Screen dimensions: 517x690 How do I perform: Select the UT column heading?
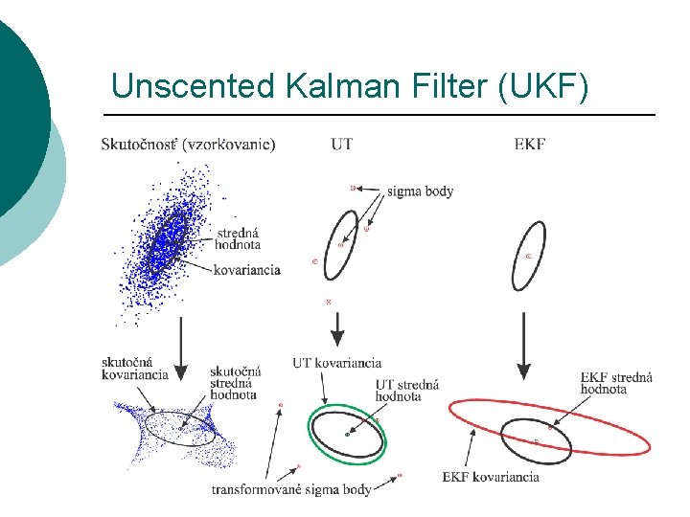341,145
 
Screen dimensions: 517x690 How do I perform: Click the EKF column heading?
530,145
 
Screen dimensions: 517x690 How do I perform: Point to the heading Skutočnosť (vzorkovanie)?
188,145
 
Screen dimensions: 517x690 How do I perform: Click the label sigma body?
421,191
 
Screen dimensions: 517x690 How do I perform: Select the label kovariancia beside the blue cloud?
247,270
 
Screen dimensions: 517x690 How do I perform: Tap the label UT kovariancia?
337,363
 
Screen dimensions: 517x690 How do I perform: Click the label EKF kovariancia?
491,476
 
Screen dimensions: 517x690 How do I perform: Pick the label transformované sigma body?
291,490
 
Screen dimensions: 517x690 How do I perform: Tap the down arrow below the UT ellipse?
337,330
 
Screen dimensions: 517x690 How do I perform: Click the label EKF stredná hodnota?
617,383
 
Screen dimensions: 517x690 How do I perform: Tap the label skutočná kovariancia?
135,368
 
